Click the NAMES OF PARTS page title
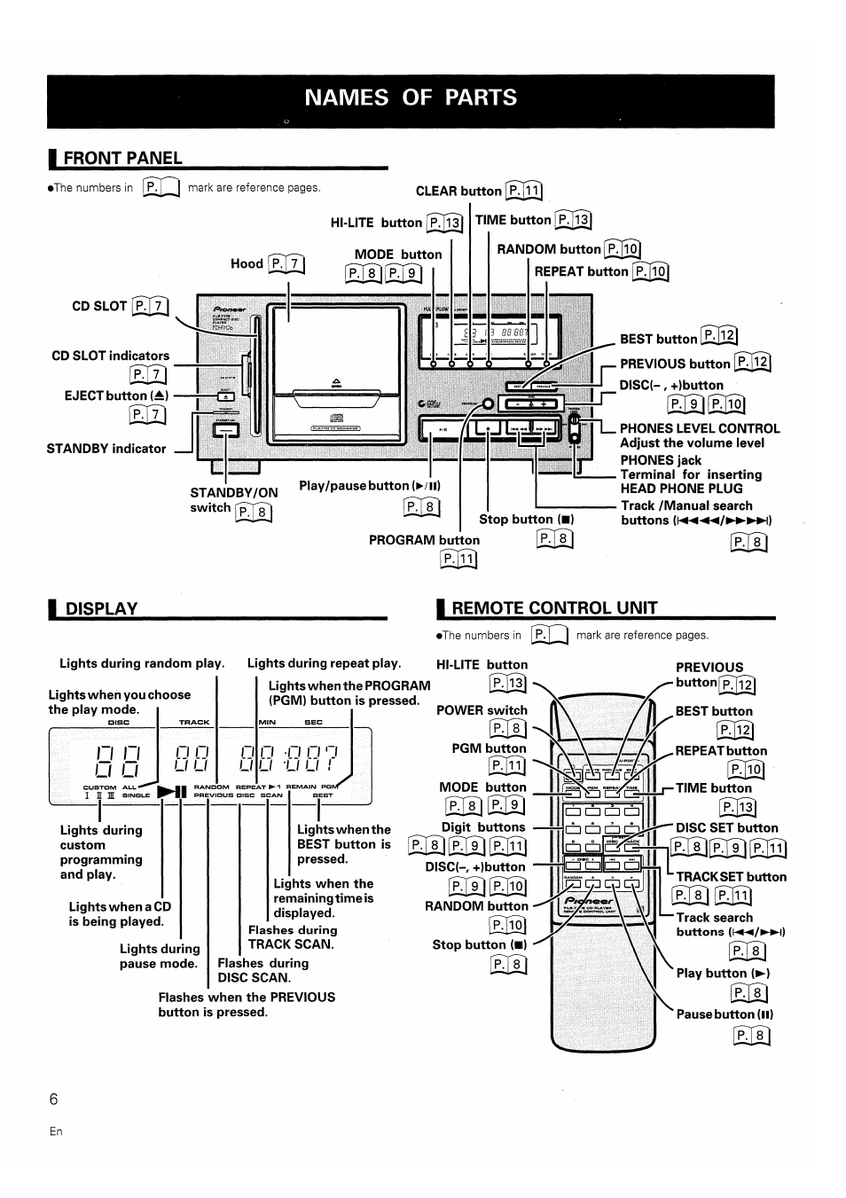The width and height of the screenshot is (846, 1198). click(x=411, y=98)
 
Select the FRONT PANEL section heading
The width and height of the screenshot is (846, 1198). click(x=123, y=158)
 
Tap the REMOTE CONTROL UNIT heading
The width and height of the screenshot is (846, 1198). click(x=554, y=607)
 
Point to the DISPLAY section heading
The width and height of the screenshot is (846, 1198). click(x=102, y=608)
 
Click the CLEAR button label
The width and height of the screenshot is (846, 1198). click(x=458, y=191)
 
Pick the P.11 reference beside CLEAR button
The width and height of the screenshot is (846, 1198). click(x=524, y=191)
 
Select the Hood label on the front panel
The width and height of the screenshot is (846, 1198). click(x=247, y=263)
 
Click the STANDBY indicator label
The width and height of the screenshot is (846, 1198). click(x=106, y=449)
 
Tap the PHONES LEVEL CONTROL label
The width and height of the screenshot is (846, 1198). click(x=700, y=428)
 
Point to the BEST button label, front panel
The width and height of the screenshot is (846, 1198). click(x=658, y=339)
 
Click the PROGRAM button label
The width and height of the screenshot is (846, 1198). click(x=424, y=540)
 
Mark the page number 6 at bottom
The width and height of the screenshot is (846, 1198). click(x=54, y=1100)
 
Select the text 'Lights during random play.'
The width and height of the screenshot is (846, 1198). click(x=142, y=663)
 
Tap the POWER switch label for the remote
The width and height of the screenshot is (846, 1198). click(x=482, y=710)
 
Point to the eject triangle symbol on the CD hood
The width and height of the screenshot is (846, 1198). click(x=335, y=381)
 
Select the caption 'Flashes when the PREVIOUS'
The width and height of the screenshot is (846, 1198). click(x=247, y=997)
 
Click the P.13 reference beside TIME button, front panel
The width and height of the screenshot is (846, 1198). click(x=572, y=221)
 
